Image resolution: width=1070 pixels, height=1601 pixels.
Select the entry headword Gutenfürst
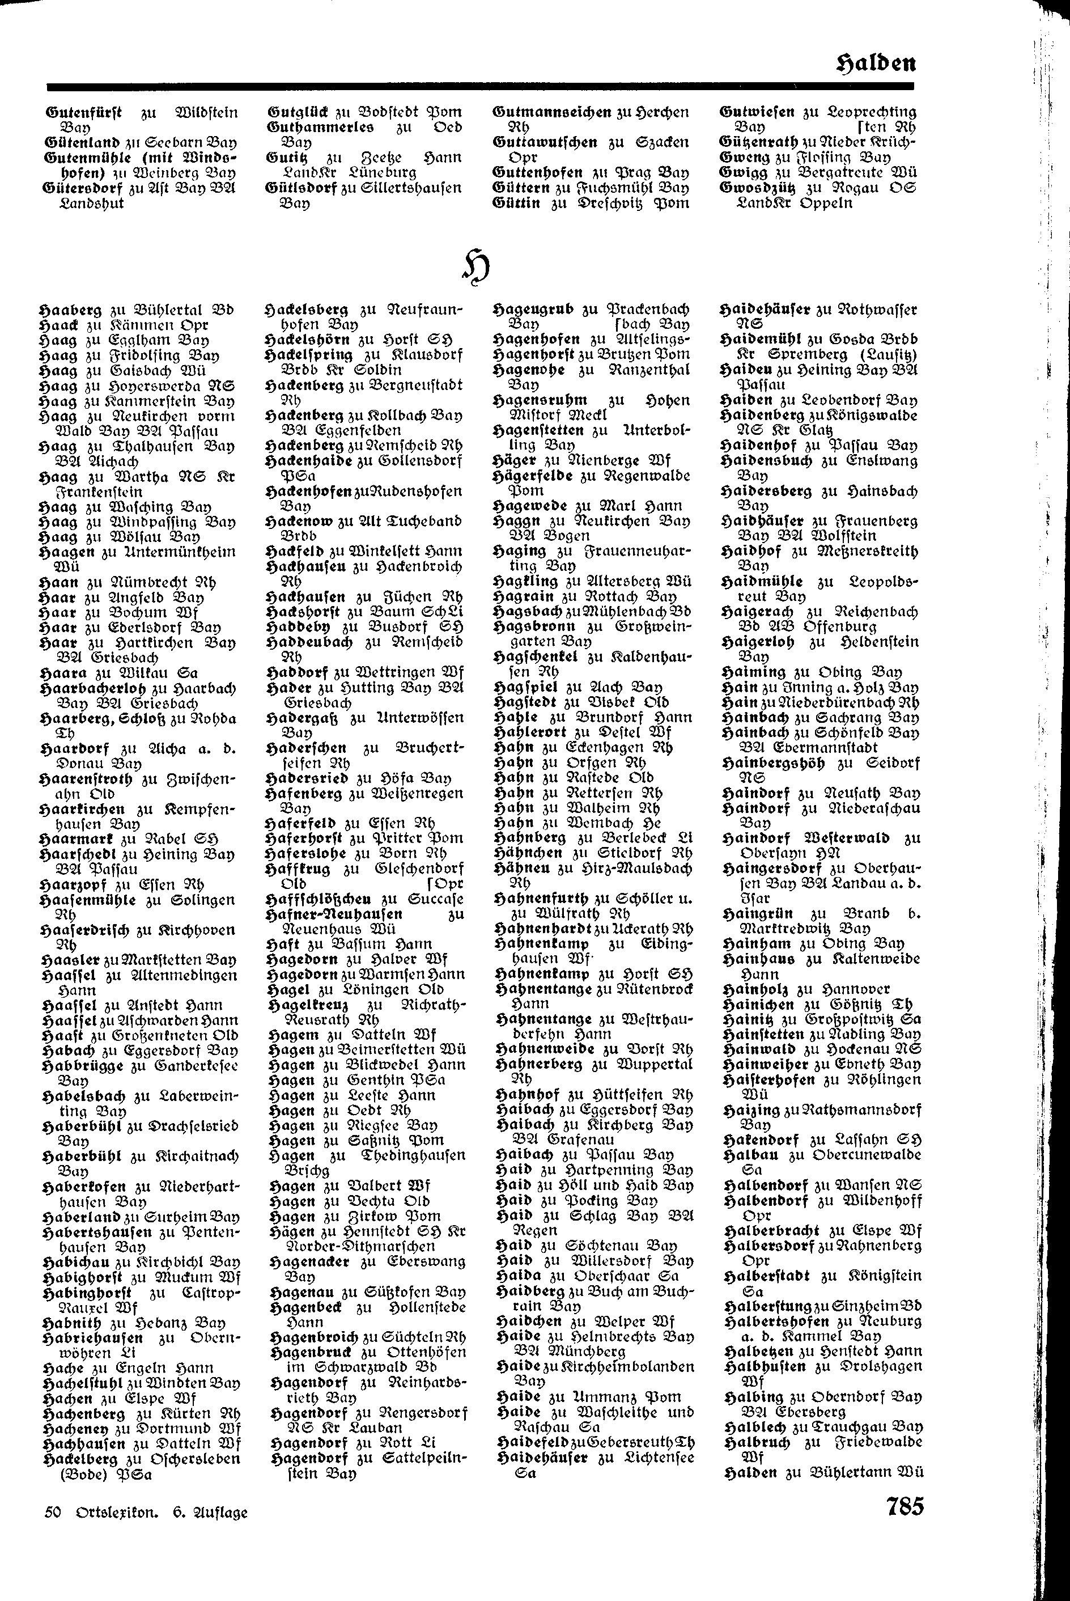[x=84, y=112]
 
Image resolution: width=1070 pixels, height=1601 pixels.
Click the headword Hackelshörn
[x=308, y=340]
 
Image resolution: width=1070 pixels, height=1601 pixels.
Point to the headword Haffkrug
[x=299, y=869]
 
